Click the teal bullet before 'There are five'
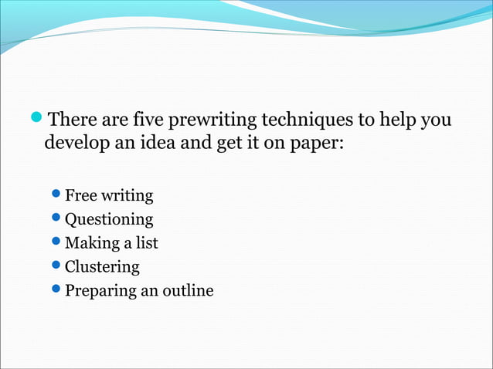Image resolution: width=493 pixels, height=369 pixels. pos(38,120)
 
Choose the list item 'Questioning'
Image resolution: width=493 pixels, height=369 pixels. pos(108,220)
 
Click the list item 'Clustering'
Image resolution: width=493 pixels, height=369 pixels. pos(102,267)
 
